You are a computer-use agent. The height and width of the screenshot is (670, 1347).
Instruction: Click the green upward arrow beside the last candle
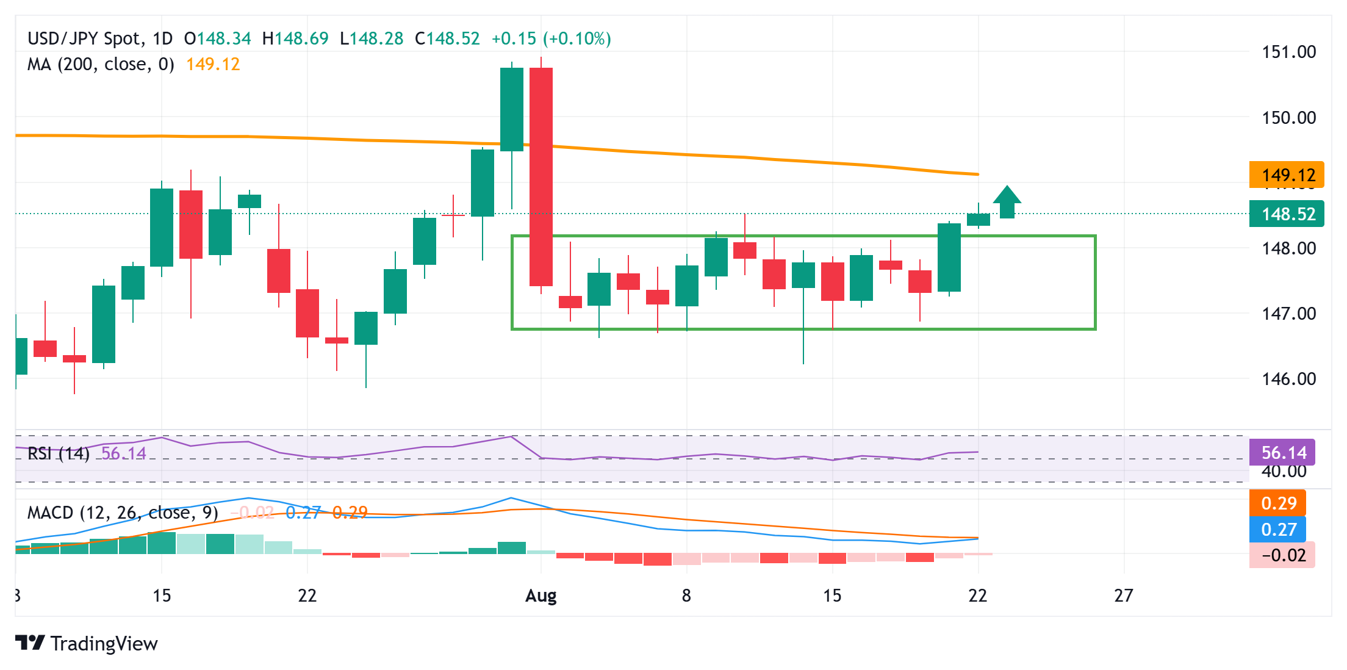tap(1007, 202)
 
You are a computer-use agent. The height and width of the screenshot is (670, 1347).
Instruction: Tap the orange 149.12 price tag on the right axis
tap(1287, 175)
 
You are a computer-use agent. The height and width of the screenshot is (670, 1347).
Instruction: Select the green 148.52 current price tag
tap(1287, 214)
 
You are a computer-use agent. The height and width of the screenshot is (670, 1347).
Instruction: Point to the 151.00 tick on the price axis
tap(1288, 52)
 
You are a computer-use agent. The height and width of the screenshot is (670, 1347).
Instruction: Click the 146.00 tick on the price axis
tap(1288, 379)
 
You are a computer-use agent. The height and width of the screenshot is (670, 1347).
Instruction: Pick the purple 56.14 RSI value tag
tap(1282, 453)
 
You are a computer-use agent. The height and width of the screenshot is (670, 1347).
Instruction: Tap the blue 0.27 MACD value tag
tap(1278, 530)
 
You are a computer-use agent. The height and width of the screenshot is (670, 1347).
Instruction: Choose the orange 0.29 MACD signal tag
tap(1278, 503)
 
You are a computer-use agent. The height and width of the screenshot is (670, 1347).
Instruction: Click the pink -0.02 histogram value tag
tap(1282, 555)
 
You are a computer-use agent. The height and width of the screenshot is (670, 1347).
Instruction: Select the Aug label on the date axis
tap(541, 596)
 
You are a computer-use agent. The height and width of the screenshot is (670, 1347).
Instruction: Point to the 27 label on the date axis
tap(1123, 596)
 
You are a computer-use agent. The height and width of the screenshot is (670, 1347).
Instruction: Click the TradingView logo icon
tap(30, 643)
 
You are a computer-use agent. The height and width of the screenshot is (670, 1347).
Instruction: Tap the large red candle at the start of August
tap(541, 176)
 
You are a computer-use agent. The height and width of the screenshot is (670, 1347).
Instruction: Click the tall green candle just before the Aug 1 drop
tap(512, 109)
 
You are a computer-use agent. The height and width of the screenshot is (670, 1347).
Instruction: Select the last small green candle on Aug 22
tap(979, 220)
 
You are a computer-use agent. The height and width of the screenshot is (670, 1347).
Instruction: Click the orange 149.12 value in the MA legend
tap(213, 65)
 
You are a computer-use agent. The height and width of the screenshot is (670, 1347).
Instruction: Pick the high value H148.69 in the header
tap(295, 39)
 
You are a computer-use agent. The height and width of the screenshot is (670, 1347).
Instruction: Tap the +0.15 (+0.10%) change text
tap(551, 39)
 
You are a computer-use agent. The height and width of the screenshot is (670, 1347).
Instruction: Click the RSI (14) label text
tap(59, 453)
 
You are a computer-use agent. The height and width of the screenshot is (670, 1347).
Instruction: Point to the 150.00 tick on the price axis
tap(1288, 118)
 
